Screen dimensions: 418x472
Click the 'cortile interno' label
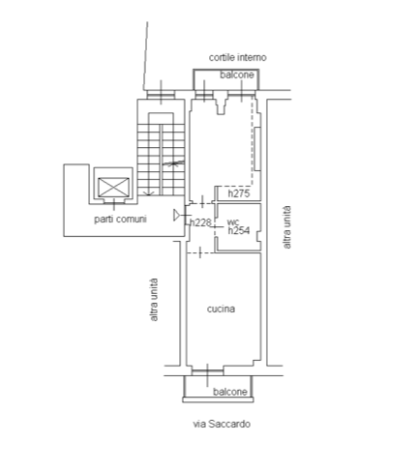(237, 57)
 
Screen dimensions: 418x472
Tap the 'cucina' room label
(221, 309)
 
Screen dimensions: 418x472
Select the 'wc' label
(233, 221)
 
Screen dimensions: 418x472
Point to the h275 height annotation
(239, 193)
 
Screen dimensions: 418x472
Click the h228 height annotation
(200, 222)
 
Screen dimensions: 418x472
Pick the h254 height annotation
(239, 230)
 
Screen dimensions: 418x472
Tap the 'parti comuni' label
(120, 220)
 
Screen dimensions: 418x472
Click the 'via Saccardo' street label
(222, 424)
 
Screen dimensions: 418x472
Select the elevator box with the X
(113, 188)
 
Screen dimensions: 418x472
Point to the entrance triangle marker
(176, 215)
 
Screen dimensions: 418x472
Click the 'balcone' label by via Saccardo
(230, 392)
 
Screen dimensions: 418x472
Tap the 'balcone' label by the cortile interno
(237, 74)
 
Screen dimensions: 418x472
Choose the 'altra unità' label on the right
(286, 227)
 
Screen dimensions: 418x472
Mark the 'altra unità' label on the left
(154, 300)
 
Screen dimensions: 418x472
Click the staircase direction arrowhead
(148, 193)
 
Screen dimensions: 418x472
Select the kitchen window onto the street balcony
(207, 372)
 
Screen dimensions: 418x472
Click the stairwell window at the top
(161, 95)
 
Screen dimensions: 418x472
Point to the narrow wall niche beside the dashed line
(257, 149)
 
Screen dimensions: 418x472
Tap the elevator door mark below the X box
(114, 201)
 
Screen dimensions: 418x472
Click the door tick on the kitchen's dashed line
(200, 252)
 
